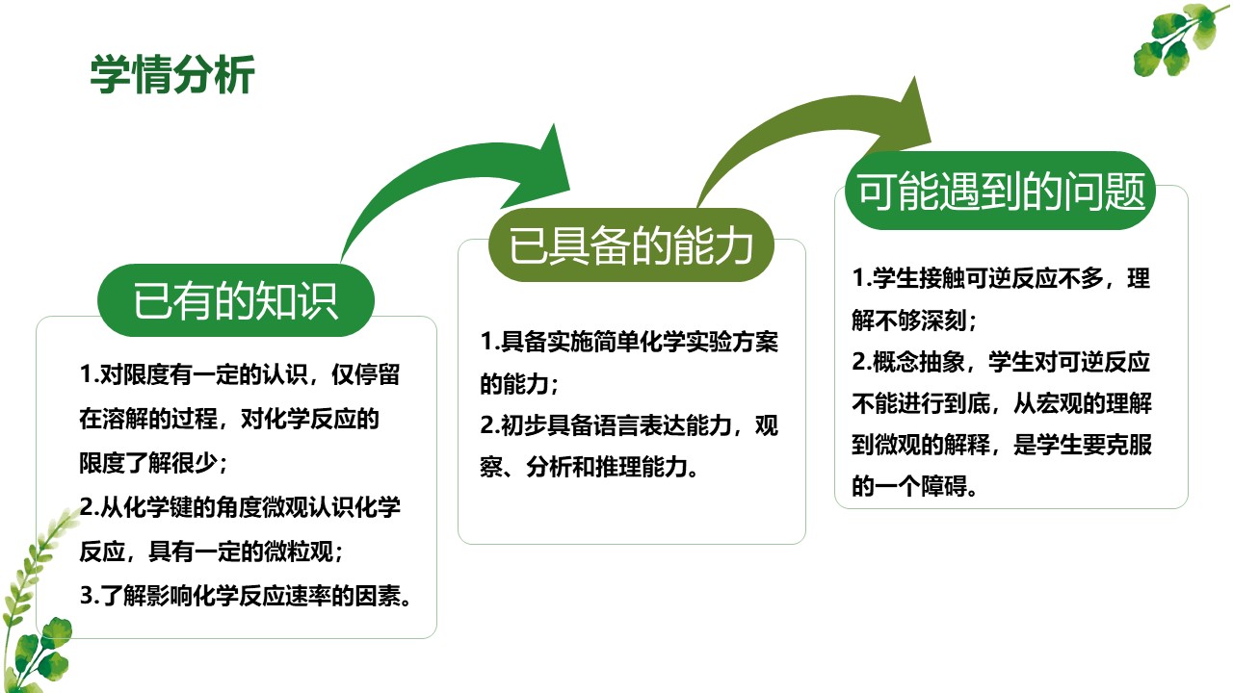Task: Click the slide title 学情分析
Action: (x=172, y=74)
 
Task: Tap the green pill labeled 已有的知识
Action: (x=236, y=300)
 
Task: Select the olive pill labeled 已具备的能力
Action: (x=631, y=244)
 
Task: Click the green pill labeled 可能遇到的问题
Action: (x=1001, y=191)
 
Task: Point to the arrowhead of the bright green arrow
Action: (x=545, y=170)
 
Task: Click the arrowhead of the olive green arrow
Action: (x=903, y=118)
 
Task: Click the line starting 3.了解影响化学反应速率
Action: (x=246, y=596)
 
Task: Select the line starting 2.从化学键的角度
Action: (x=240, y=507)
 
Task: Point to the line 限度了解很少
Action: (x=153, y=463)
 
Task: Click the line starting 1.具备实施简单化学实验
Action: (x=629, y=342)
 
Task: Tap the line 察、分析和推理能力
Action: (x=589, y=468)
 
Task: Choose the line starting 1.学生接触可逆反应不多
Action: (x=1001, y=278)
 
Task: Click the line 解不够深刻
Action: (x=914, y=321)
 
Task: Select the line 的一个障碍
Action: (x=914, y=486)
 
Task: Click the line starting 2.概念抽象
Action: (x=1001, y=362)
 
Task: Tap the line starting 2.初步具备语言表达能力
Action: (x=629, y=425)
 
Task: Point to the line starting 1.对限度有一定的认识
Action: (x=240, y=374)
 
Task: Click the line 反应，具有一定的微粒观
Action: (x=211, y=552)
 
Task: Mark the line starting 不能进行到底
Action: (x=1002, y=403)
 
